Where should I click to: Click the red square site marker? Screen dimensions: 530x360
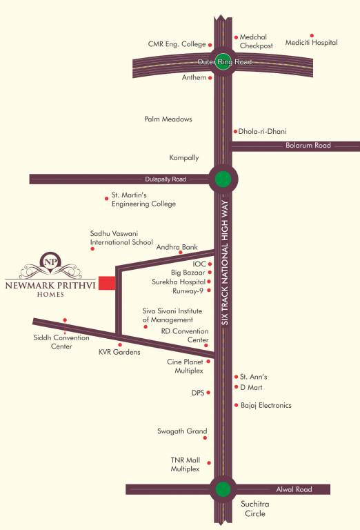click(x=107, y=283)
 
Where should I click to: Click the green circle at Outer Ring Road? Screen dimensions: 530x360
click(x=222, y=62)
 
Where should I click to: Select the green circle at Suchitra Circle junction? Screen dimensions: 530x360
click(x=222, y=489)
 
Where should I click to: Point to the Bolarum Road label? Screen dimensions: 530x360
click(x=308, y=146)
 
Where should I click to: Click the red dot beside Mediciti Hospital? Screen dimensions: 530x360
click(x=312, y=35)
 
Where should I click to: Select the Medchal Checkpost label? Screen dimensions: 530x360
click(x=257, y=41)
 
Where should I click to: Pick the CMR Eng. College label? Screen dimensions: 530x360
click(x=177, y=44)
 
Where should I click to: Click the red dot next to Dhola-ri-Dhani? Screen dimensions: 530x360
click(x=235, y=131)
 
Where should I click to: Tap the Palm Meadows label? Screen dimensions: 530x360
click(x=168, y=119)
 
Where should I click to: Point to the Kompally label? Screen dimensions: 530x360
click(x=184, y=158)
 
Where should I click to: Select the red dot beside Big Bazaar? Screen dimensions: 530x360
click(x=209, y=273)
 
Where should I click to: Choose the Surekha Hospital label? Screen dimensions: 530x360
click(x=178, y=282)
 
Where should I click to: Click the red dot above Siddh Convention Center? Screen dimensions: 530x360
click(x=65, y=320)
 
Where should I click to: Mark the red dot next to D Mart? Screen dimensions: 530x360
click(x=235, y=386)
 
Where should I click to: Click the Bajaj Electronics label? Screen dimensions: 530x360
click(x=266, y=405)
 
